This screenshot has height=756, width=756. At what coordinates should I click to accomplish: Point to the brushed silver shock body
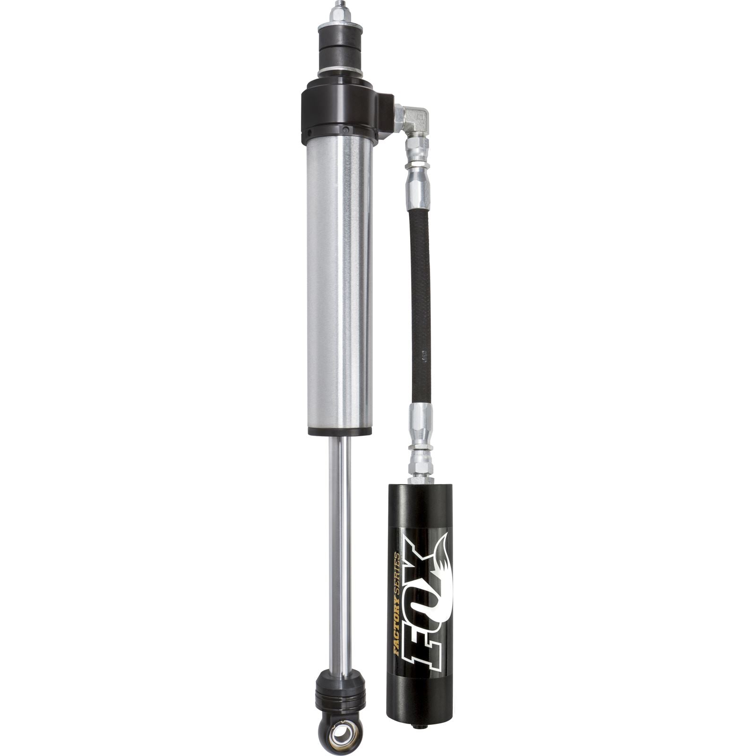click(x=339, y=283)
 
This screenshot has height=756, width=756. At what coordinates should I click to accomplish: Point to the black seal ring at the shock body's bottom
click(x=339, y=431)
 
